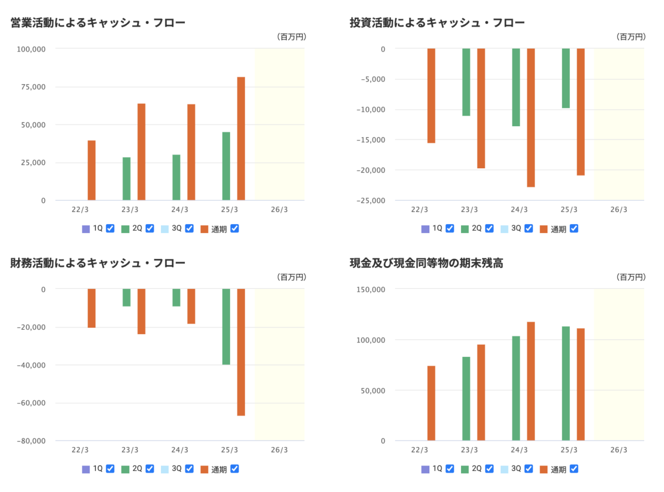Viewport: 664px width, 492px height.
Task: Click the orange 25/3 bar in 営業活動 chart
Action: [241, 138]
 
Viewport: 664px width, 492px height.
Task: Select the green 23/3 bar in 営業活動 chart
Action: [127, 179]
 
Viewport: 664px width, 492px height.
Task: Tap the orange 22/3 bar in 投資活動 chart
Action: [431, 96]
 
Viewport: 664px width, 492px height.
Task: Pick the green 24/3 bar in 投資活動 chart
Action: [516, 87]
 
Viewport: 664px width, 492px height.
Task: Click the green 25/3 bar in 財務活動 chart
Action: [226, 327]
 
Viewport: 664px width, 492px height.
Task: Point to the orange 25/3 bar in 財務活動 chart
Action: [241, 352]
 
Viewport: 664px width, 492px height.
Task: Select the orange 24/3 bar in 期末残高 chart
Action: [531, 381]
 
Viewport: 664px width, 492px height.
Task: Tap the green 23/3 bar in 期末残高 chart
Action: [466, 398]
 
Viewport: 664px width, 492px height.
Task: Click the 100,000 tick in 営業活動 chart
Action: [31, 49]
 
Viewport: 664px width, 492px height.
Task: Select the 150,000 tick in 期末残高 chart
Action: [371, 289]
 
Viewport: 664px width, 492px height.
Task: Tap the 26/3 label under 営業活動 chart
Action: [279, 210]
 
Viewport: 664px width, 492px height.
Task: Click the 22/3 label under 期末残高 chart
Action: [420, 450]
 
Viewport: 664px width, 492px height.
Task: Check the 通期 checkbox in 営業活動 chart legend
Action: [235, 229]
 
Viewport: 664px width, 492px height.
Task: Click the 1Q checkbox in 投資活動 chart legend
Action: [449, 229]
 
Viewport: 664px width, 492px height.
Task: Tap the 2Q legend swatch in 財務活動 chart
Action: [125, 469]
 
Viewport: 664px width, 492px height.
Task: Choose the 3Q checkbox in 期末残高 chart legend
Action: [528, 469]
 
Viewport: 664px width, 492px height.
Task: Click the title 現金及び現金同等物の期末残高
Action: [426, 263]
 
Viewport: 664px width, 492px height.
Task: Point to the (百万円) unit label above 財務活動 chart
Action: [291, 277]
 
